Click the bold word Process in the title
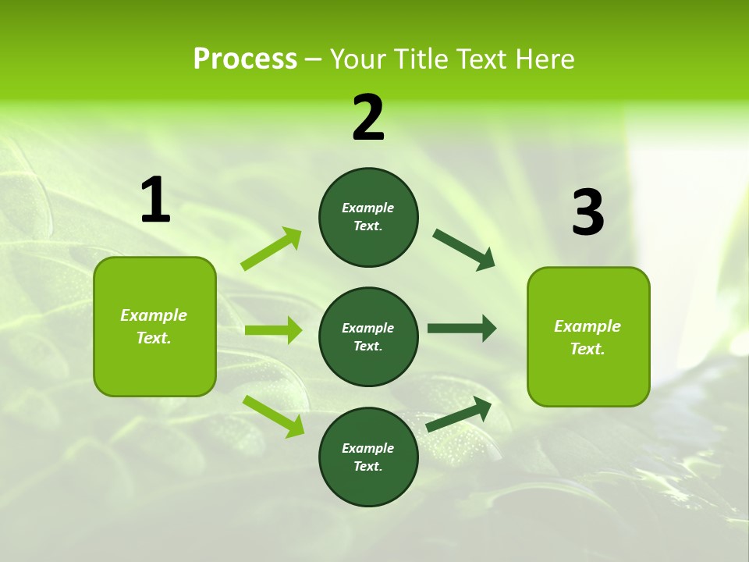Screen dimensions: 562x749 [245, 59]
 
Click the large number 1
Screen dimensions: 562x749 [155, 201]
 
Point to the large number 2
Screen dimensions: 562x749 [368, 117]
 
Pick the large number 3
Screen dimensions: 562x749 [587, 212]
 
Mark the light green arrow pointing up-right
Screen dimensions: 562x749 [272, 249]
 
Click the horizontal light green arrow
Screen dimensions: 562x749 [273, 330]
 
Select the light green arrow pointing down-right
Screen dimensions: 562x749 [273, 416]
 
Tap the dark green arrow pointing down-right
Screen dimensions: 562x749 [464, 250]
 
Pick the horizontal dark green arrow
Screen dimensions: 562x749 [462, 329]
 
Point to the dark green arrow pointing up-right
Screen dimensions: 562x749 [459, 414]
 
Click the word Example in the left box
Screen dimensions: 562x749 [154, 315]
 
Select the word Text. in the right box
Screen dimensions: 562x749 [587, 349]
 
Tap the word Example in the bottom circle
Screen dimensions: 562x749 [368, 448]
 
